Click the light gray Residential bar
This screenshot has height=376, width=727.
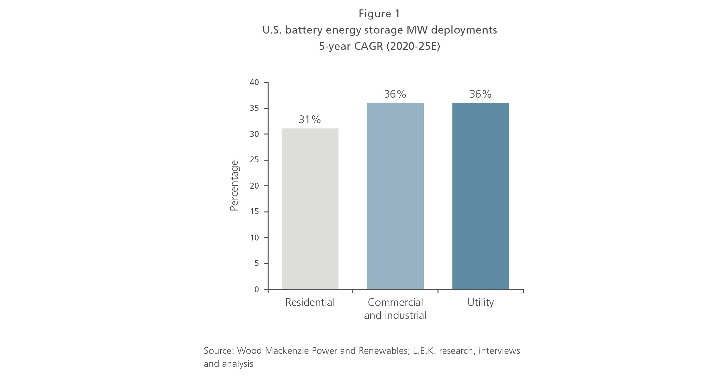point(310,209)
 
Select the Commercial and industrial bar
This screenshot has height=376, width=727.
point(395,195)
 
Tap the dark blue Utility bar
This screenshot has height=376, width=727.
point(480,195)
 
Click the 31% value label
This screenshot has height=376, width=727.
point(310,120)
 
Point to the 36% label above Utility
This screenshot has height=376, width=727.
point(480,94)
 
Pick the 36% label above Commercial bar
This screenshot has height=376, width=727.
point(395,94)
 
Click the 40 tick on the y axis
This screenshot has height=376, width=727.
point(254,82)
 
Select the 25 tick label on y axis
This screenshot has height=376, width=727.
point(254,160)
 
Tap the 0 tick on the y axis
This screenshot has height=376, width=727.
point(257,289)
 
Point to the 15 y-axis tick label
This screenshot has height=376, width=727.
point(254,211)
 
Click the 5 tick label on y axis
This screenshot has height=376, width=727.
point(257,263)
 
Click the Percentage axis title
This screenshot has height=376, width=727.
point(234,186)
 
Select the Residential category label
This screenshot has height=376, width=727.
point(310,302)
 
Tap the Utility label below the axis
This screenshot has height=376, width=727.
point(480,302)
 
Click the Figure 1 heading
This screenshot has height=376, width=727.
point(379,14)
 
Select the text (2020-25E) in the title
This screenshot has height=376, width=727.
point(413,46)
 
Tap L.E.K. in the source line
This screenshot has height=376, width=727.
point(424,351)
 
